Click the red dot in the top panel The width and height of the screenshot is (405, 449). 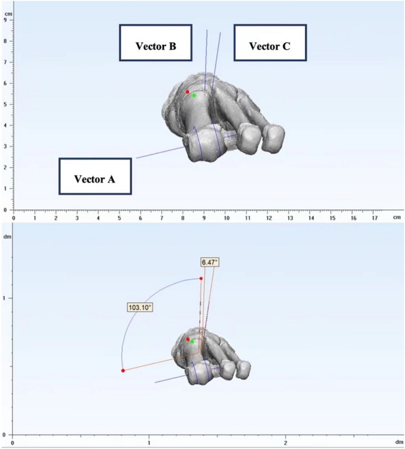[187, 92]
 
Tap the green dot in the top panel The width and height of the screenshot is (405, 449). [194, 96]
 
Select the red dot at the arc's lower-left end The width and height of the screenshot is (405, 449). [123, 371]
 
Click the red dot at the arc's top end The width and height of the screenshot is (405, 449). [201, 279]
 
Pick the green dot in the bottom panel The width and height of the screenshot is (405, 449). [193, 341]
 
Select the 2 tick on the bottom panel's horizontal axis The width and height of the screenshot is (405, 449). [285, 442]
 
